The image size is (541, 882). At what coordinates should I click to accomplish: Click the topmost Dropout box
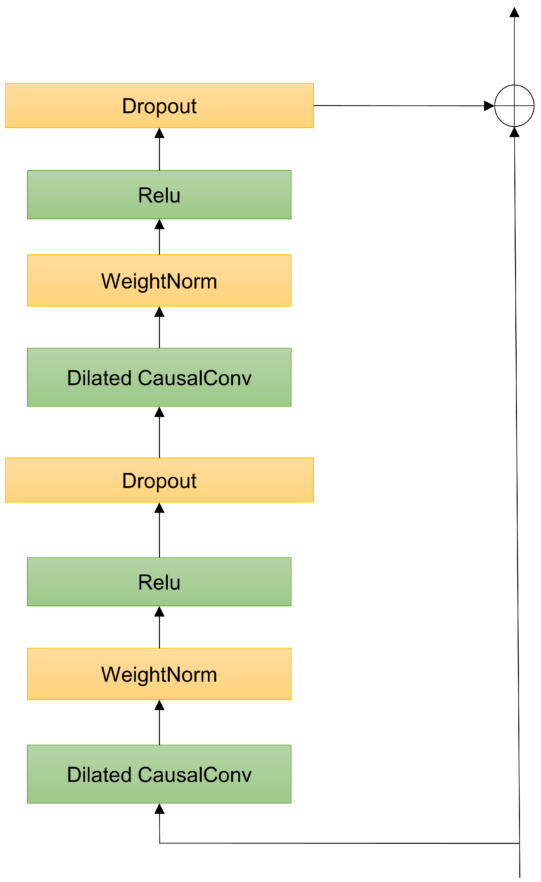click(159, 106)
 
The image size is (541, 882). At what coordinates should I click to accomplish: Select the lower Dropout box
click(159, 480)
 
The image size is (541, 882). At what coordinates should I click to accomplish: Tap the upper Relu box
click(159, 195)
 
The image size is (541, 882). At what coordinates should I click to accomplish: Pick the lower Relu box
click(159, 582)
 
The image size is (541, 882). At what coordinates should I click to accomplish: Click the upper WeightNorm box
click(159, 281)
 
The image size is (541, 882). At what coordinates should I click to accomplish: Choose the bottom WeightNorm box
click(159, 674)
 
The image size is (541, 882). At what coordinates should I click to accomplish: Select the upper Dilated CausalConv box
click(159, 377)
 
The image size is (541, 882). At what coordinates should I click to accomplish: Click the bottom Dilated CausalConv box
click(159, 774)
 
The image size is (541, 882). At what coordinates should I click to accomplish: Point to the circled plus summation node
click(514, 106)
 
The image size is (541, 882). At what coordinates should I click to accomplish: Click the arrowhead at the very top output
click(514, 13)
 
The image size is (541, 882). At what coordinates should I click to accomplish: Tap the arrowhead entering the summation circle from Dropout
click(489, 106)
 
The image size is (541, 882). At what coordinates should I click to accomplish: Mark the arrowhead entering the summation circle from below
click(514, 132)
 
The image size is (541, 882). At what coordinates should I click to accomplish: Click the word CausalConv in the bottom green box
click(194, 775)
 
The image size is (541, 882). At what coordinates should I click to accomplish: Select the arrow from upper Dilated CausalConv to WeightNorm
click(159, 328)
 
